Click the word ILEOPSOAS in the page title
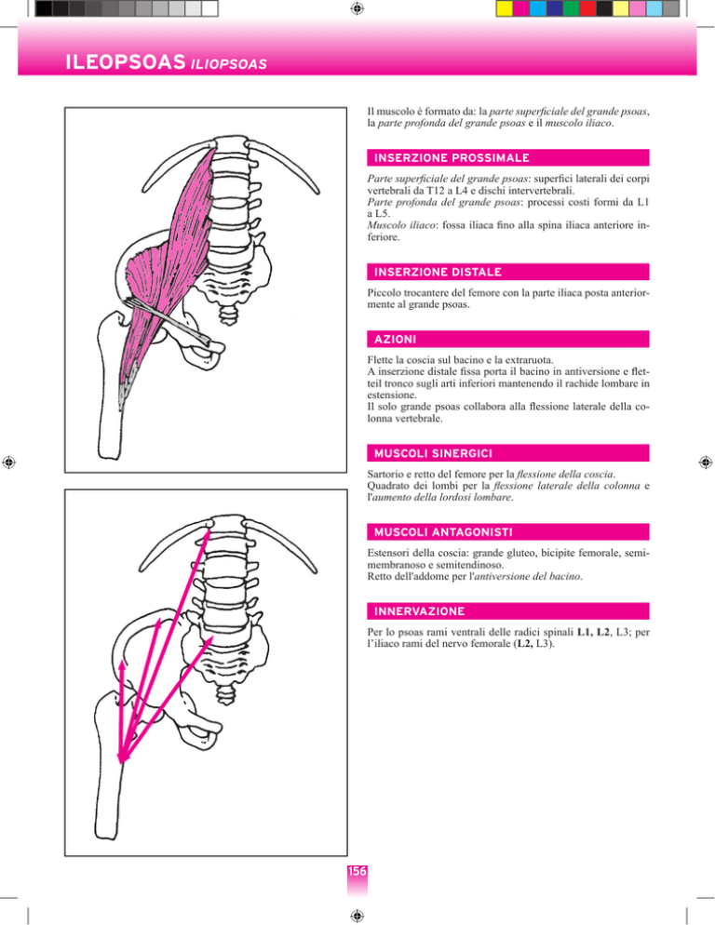pos(125,62)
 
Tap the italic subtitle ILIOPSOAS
pos(228,63)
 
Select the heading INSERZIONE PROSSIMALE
pos(452,158)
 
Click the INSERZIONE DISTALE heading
pos(438,272)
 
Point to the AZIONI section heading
pos(395,340)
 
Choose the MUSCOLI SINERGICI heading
pos(433,453)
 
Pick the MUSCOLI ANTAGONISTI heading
pos(443,532)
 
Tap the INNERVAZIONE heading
pos(419,611)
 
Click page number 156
pos(357,871)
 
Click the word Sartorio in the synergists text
pos(384,474)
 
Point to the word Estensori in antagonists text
pos(387,553)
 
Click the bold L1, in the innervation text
pos(585,632)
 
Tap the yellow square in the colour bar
pos(505,8)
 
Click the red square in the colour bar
pos(587,8)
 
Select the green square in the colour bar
pos(571,8)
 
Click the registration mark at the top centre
pos(357,8)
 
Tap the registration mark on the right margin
pos(705,462)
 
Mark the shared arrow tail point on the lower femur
pos(121,761)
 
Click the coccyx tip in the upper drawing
pos(228,323)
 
